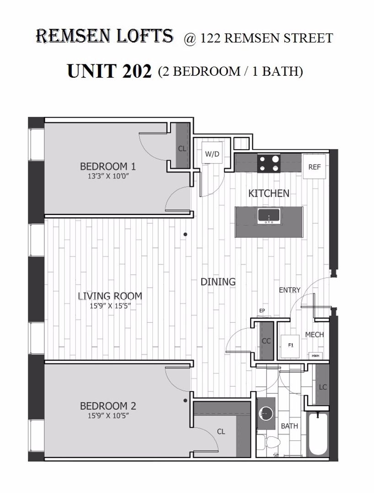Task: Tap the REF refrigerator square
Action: pyautogui.click(x=314, y=166)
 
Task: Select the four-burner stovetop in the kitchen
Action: pyautogui.click(x=268, y=163)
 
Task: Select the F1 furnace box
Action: pyautogui.click(x=290, y=346)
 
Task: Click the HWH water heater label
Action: pyautogui.click(x=315, y=356)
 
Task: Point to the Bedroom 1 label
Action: pyautogui.click(x=108, y=166)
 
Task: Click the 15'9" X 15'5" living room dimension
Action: pyautogui.click(x=110, y=305)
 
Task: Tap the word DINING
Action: pyautogui.click(x=218, y=281)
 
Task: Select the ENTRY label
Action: pyautogui.click(x=289, y=290)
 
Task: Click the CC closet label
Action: pyautogui.click(x=267, y=341)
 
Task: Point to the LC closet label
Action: pyautogui.click(x=323, y=388)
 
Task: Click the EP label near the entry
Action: pyautogui.click(x=262, y=311)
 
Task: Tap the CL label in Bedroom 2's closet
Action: pyautogui.click(x=221, y=431)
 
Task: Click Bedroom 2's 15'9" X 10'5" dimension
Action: pyautogui.click(x=109, y=416)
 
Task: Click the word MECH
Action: pyautogui.click(x=315, y=335)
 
